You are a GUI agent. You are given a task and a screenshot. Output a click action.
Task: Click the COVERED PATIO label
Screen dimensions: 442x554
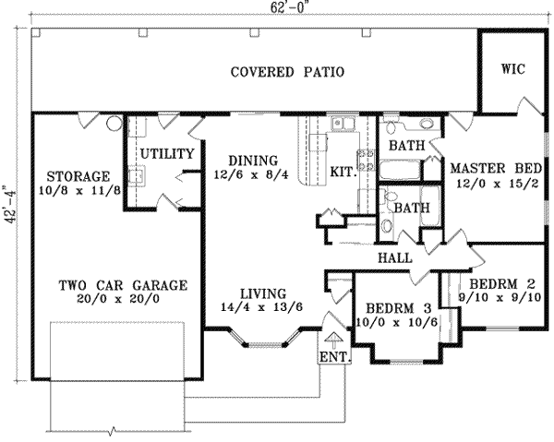pyautogui.click(x=287, y=72)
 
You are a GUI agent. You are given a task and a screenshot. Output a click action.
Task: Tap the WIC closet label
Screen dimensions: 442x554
pyautogui.click(x=512, y=68)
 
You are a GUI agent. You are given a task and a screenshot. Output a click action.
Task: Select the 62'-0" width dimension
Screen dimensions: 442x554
pyautogui.click(x=274, y=7)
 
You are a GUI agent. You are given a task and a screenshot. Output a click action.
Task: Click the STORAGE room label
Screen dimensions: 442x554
pyautogui.click(x=78, y=176)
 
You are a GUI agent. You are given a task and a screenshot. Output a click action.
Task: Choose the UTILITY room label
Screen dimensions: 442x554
pyautogui.click(x=166, y=153)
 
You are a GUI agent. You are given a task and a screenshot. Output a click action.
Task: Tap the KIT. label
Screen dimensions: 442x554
pyautogui.click(x=343, y=172)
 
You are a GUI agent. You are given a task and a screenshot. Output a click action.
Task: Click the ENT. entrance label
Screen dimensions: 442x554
pyautogui.click(x=331, y=357)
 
